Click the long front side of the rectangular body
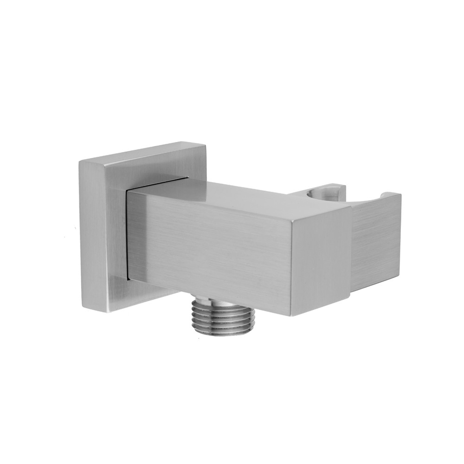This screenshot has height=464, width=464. click(209, 246)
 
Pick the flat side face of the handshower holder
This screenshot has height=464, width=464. click(376, 241)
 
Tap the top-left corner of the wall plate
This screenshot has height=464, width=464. click(80, 160)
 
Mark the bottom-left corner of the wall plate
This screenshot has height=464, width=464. click(82, 306)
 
